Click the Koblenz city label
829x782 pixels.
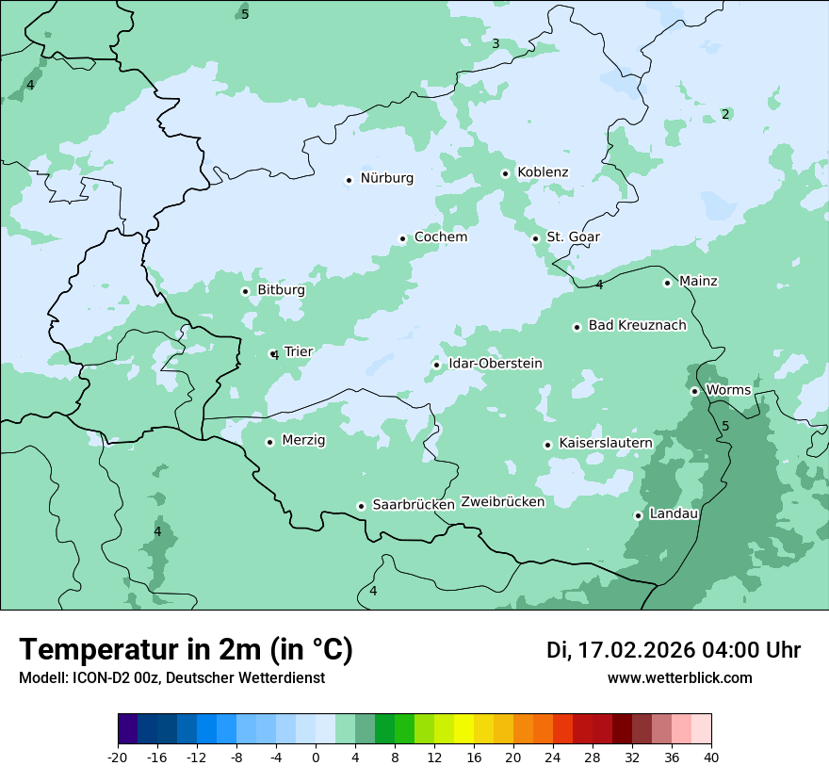click(543, 172)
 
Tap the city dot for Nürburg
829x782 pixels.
click(349, 180)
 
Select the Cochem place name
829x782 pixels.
click(441, 237)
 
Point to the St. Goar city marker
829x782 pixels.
click(536, 238)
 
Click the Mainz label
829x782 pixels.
click(698, 282)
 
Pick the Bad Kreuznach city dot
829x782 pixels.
click(577, 327)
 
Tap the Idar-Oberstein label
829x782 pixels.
click(496, 364)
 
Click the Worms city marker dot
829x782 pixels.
click(695, 391)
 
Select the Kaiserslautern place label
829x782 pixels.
click(606, 443)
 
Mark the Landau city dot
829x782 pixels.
click(639, 515)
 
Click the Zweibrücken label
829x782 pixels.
click(503, 502)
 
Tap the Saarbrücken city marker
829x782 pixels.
click(361, 506)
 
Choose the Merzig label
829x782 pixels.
click(303, 441)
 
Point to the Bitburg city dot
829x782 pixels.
click(246, 291)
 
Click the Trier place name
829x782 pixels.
click(298, 352)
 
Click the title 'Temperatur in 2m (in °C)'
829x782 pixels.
click(186, 650)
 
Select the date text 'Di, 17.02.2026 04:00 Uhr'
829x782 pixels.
click(674, 650)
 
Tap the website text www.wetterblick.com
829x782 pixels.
click(679, 678)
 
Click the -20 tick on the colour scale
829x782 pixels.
click(118, 758)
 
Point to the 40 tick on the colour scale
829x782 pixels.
click(711, 758)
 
